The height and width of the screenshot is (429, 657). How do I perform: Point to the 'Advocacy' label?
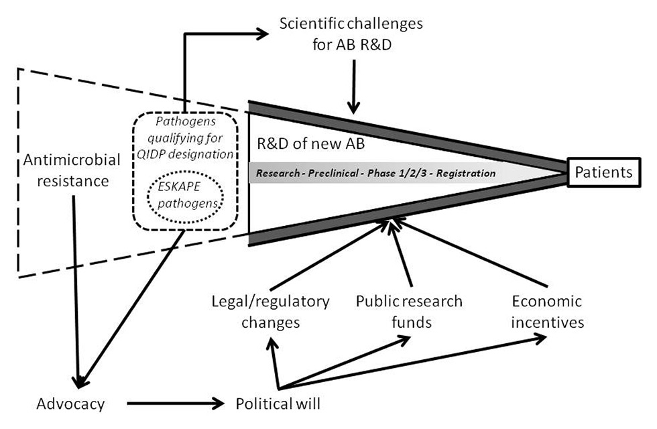click(x=71, y=405)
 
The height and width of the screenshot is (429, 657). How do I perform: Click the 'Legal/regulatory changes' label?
click(x=270, y=311)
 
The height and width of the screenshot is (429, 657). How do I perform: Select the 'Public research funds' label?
click(x=409, y=311)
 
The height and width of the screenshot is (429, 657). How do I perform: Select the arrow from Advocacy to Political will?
click(x=174, y=404)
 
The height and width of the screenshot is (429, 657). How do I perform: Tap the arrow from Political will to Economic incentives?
click(x=416, y=363)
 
